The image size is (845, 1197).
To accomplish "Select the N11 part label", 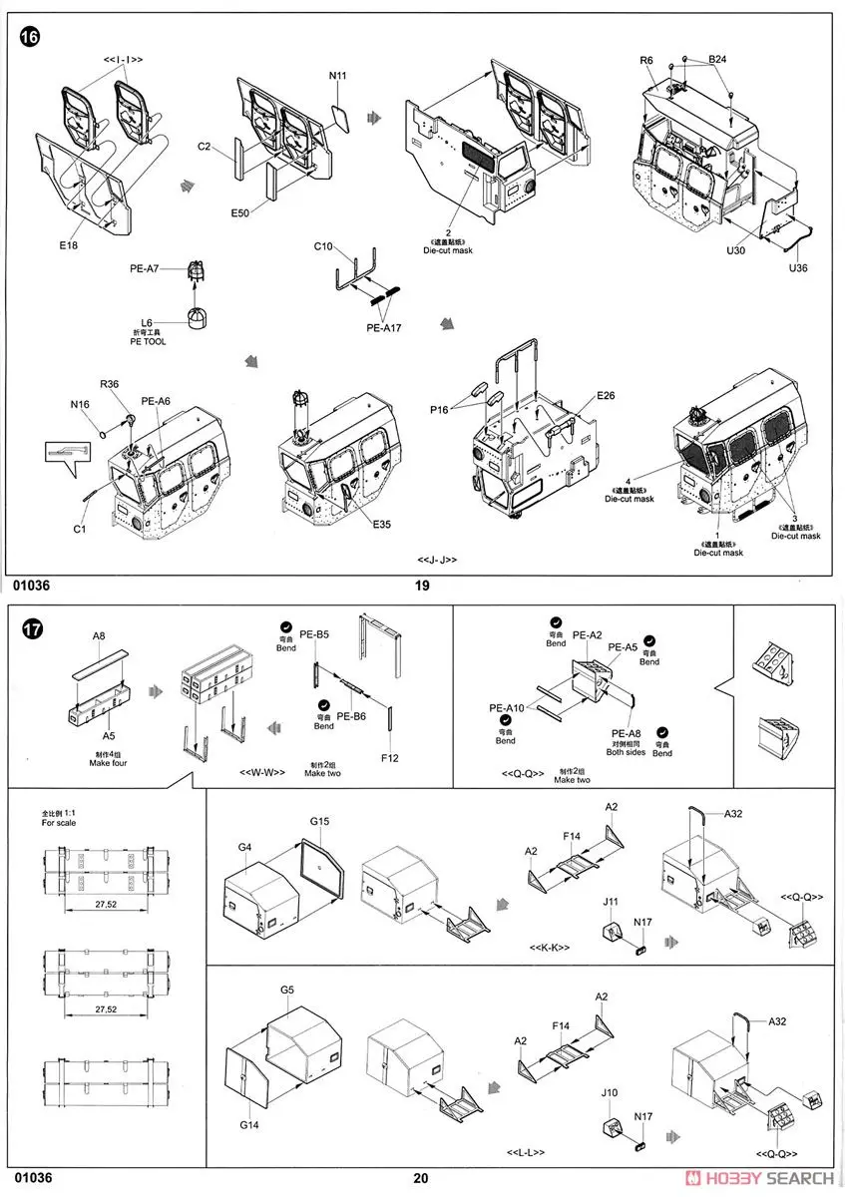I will [339, 76].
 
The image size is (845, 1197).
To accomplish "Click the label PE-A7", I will [144, 267].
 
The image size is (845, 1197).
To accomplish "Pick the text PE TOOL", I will [147, 342].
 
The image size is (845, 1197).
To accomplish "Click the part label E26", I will [607, 397].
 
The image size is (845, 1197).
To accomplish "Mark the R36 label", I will [110, 385].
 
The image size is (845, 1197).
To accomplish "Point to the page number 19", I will [422, 586].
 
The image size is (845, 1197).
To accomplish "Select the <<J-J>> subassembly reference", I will [437, 560].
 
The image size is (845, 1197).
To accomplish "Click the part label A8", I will [99, 634].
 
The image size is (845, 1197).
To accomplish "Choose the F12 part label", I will [389, 758].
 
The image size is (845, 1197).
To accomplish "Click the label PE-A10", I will [506, 708].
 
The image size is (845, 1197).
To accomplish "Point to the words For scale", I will [57, 824].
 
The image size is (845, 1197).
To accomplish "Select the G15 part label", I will [319, 821].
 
